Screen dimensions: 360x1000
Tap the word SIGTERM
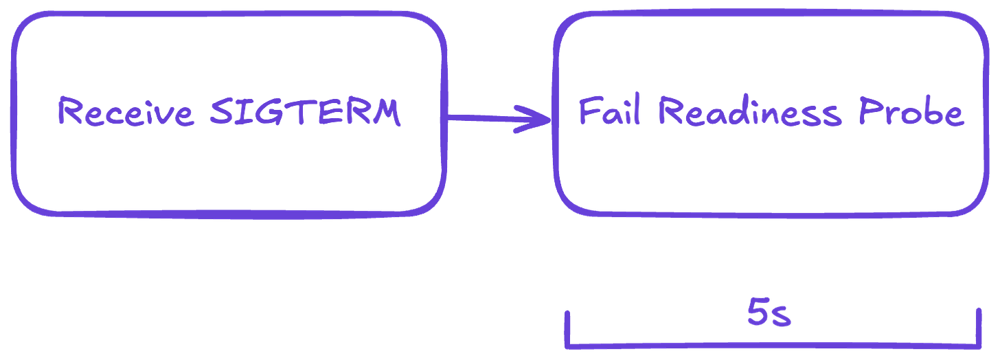(x=304, y=113)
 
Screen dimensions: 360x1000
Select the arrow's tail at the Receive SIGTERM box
(x=453, y=122)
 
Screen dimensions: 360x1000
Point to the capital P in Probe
(x=870, y=111)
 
